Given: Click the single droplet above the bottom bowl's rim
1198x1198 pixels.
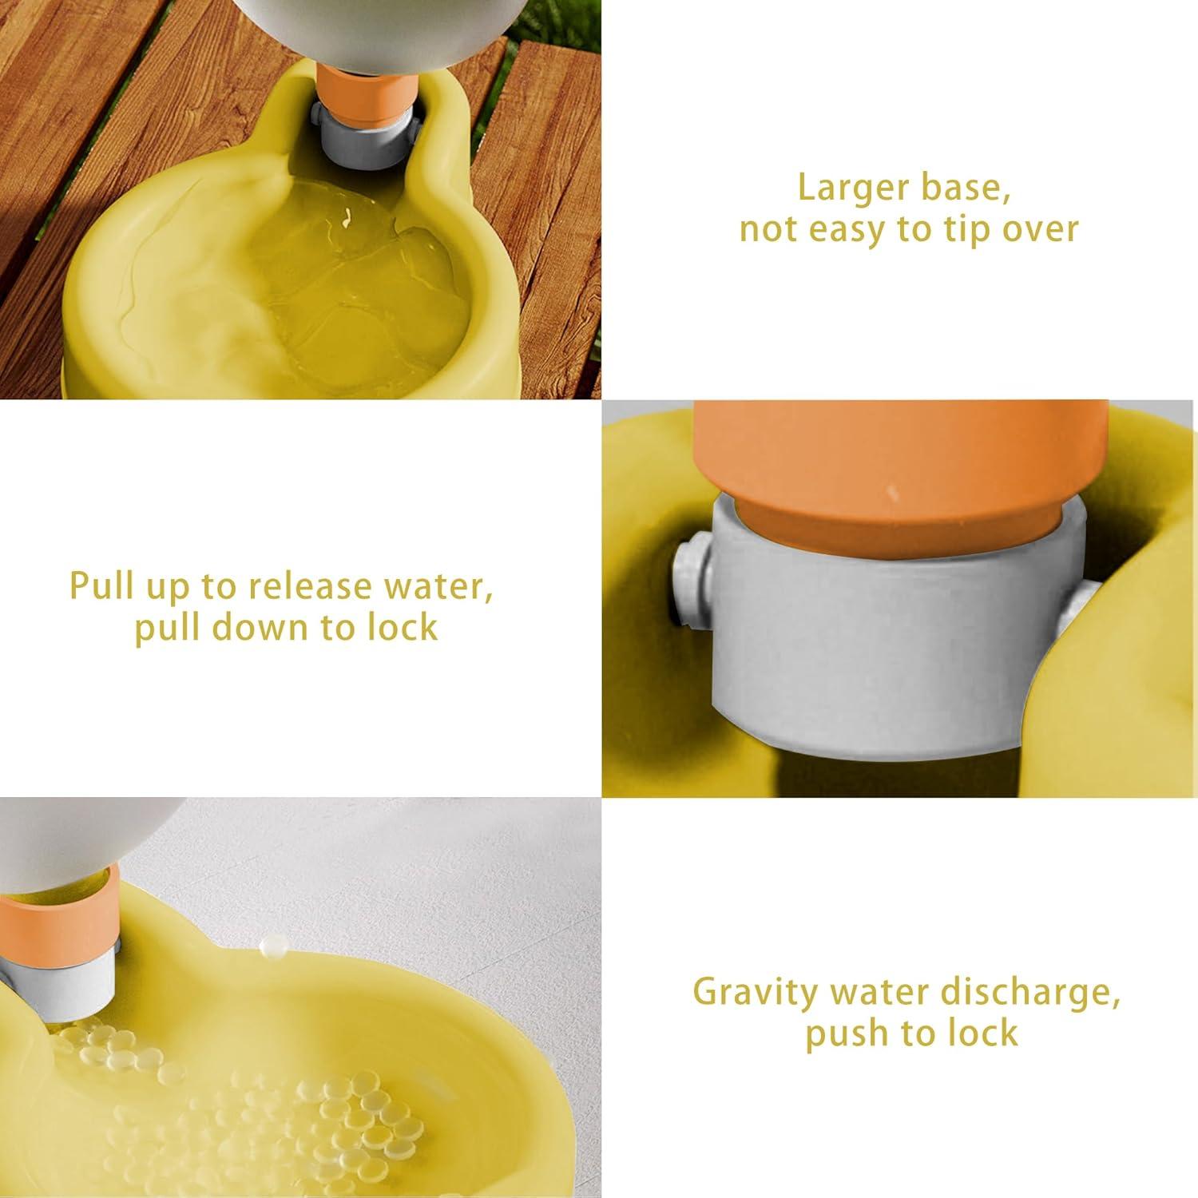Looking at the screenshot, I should pyautogui.click(x=272, y=946).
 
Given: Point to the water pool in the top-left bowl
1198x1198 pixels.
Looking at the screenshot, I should pyautogui.click(x=359, y=296).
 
